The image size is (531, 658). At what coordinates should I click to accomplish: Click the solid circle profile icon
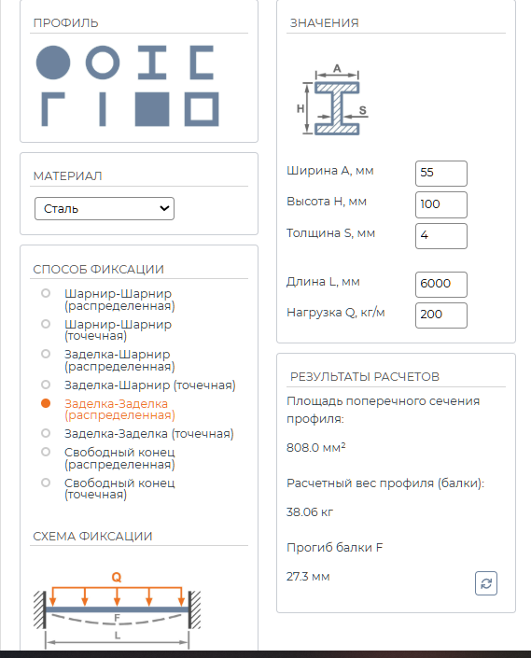tap(53, 63)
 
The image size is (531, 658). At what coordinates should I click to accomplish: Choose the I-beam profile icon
tap(152, 63)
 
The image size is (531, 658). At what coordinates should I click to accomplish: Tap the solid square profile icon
tap(152, 109)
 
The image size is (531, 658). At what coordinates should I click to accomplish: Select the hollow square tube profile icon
tap(189, 109)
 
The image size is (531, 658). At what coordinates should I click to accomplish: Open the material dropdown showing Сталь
tap(105, 208)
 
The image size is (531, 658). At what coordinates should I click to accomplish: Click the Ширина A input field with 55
tap(440, 174)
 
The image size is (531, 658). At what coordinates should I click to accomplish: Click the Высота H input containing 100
tap(440, 204)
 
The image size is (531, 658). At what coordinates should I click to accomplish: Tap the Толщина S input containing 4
tap(440, 236)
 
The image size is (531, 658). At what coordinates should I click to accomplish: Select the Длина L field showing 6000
tap(440, 284)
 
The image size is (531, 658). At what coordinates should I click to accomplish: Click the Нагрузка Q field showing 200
tap(440, 315)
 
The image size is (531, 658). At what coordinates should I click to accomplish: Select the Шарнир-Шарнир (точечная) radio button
tap(46, 324)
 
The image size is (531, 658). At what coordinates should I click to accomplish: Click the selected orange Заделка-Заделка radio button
tap(46, 403)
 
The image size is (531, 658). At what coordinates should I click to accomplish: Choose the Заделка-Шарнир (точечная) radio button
tap(46, 385)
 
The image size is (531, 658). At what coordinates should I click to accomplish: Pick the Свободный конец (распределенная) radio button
tap(46, 452)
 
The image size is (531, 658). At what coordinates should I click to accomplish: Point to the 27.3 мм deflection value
tap(308, 577)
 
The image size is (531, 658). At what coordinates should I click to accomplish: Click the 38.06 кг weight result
tap(310, 512)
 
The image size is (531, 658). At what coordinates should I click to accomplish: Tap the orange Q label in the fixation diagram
tap(116, 578)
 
